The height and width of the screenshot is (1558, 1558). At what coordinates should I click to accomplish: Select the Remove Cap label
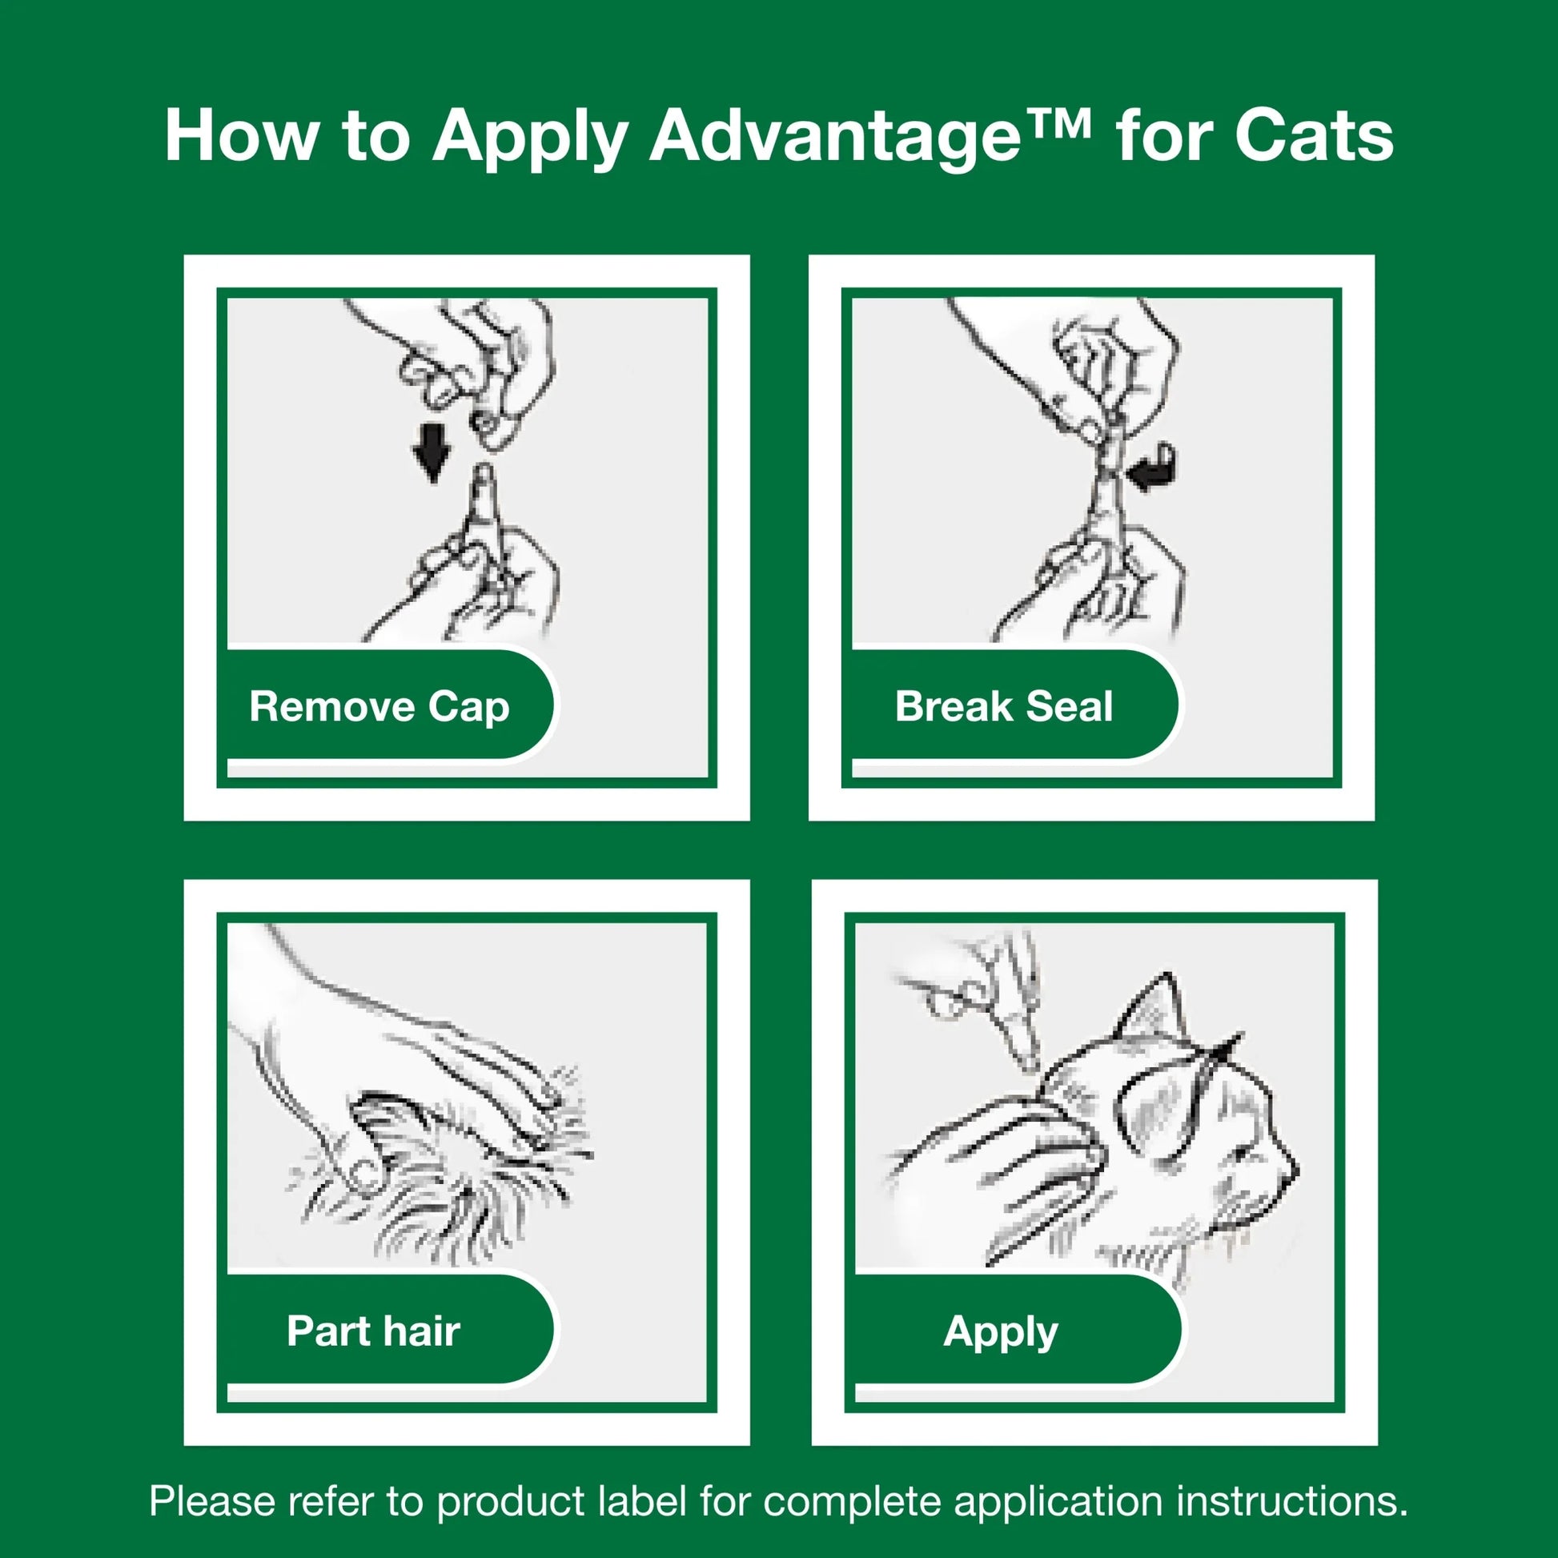point(379,706)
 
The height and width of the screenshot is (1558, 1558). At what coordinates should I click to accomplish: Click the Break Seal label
point(1003,706)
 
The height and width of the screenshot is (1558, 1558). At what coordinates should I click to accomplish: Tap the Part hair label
point(372,1331)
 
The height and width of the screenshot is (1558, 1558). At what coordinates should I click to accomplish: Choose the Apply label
point(1000,1331)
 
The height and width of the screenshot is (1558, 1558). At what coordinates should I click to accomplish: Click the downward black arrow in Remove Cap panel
point(432,452)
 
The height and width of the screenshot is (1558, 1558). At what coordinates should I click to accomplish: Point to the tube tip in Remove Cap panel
point(483,476)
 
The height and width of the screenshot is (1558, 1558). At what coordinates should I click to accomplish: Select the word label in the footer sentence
point(643,1500)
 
